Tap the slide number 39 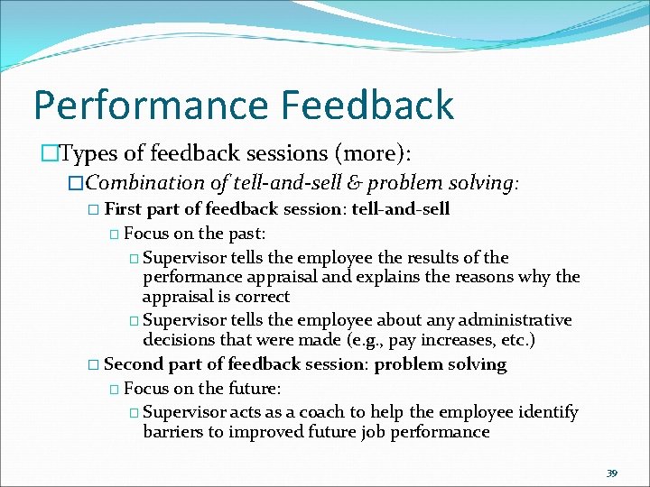[x=612, y=473]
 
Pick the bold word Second [x=134, y=364]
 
